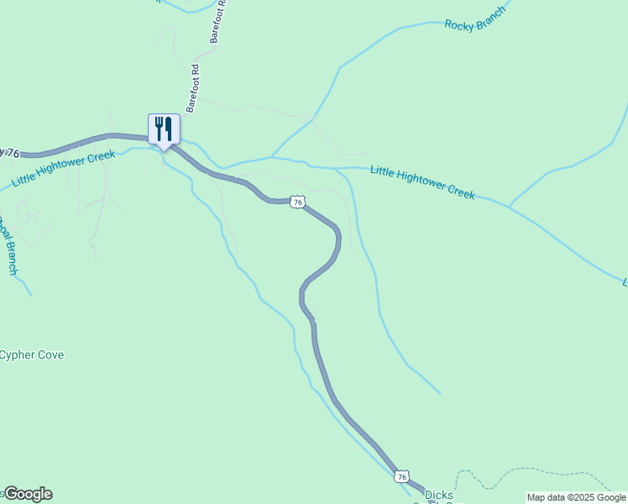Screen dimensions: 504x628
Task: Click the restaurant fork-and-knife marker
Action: tap(164, 129)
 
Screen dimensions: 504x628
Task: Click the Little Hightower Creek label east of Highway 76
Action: tap(423, 181)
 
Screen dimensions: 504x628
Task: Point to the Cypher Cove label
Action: tap(32, 354)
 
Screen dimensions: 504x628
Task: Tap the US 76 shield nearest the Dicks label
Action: tap(402, 476)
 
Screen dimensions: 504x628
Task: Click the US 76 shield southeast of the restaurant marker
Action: tap(297, 202)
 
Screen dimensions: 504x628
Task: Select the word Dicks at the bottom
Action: tap(439, 495)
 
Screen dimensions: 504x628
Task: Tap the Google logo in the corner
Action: tap(28, 494)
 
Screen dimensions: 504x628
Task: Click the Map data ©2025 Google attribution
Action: tap(577, 497)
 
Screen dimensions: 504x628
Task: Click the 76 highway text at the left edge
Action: tap(10, 152)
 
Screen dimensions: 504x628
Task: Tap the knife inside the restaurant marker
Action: tap(169, 128)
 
